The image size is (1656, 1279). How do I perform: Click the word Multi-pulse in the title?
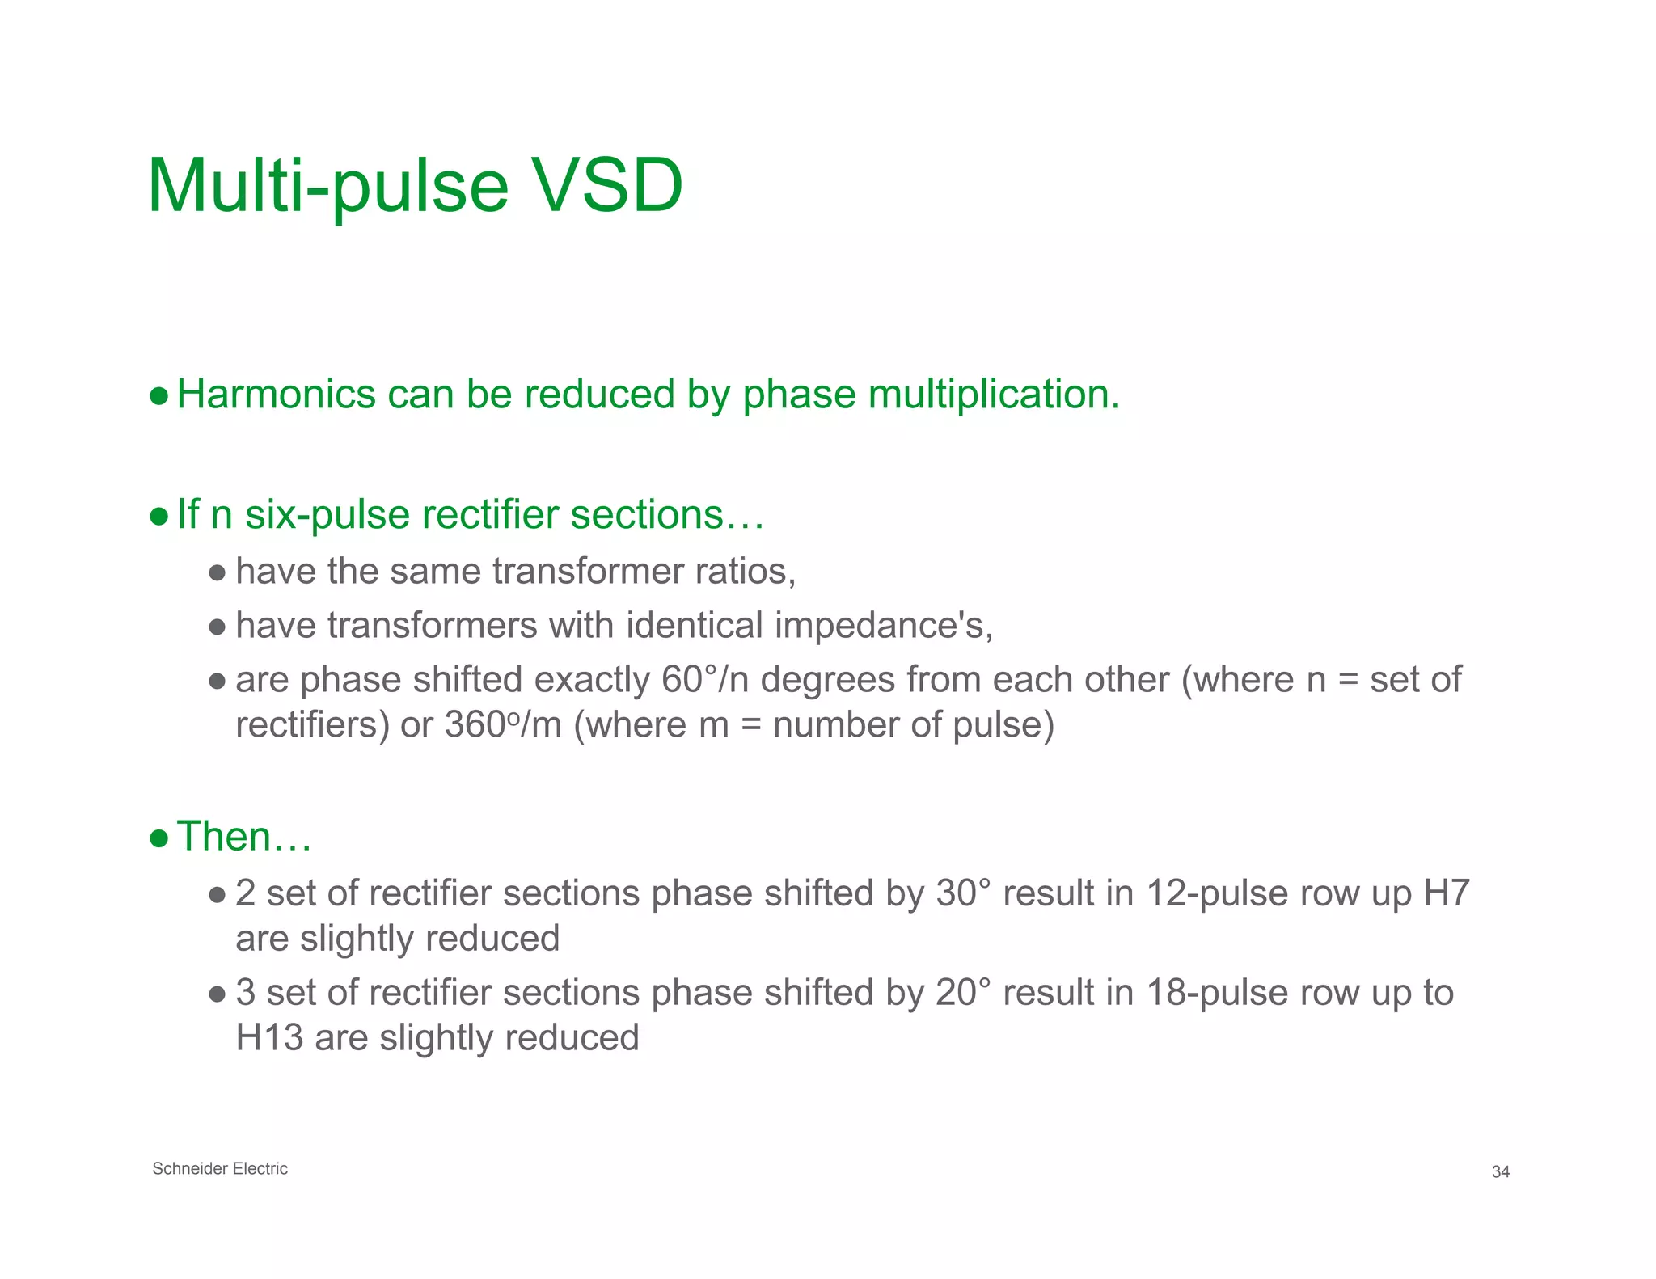327,186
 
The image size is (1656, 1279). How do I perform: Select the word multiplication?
994,395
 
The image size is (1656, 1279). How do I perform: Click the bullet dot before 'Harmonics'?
159,396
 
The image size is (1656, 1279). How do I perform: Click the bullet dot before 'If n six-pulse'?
159,517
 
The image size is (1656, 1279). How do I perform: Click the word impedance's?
884,626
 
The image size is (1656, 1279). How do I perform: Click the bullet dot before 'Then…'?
159,838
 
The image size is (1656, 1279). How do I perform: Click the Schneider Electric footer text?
220,1169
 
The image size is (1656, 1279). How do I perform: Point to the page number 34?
1501,1172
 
